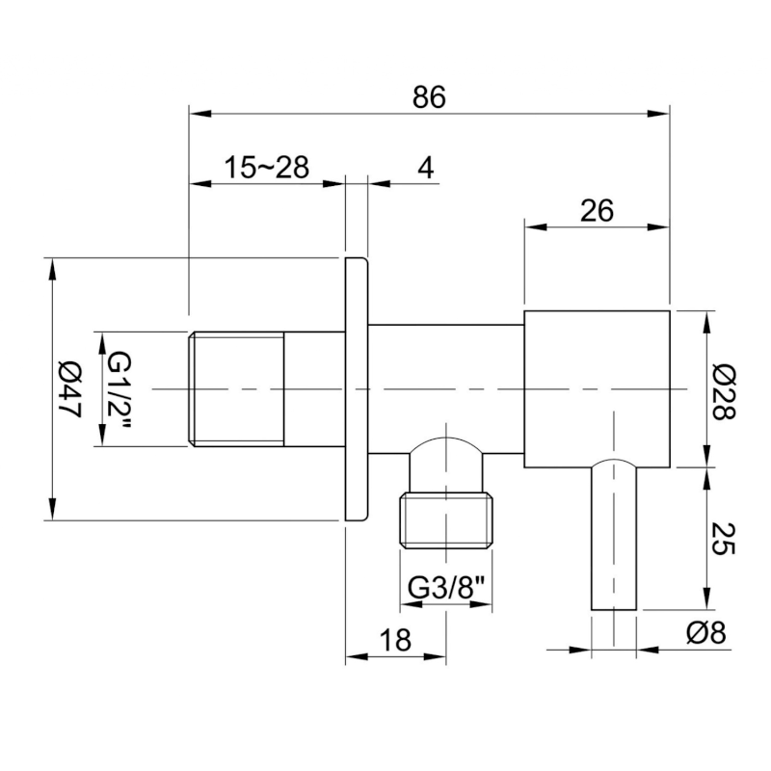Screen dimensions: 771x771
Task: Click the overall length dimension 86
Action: (x=429, y=97)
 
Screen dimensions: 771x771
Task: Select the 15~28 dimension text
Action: (x=267, y=167)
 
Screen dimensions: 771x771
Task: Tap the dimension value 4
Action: (x=426, y=168)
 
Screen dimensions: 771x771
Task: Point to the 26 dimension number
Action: (x=597, y=211)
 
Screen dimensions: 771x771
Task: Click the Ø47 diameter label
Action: (x=68, y=389)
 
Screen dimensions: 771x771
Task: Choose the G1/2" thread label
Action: (x=120, y=390)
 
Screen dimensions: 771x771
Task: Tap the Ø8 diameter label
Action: (x=706, y=633)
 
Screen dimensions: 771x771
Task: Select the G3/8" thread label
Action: (x=446, y=587)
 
